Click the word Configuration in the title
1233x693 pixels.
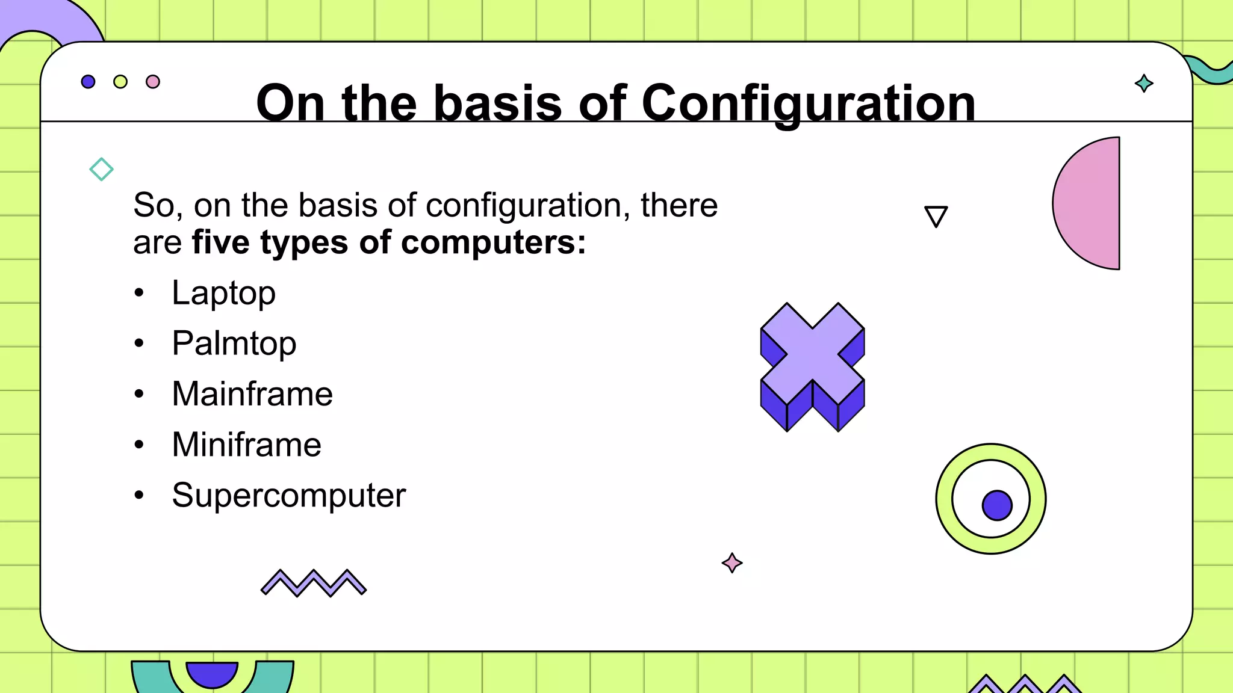(808, 103)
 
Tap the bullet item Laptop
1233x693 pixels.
(223, 293)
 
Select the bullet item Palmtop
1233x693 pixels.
(234, 343)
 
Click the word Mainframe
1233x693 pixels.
(252, 394)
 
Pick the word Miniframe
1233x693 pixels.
(246, 445)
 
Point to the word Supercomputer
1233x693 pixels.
(288, 495)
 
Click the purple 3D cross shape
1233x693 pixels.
(812, 361)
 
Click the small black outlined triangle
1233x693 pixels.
(936, 215)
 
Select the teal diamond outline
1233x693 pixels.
(101, 169)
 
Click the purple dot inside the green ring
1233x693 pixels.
(997, 505)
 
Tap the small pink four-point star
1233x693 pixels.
(731, 563)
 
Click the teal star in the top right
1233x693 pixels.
(1143, 83)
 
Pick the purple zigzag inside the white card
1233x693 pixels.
(313, 582)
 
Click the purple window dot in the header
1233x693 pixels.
(88, 82)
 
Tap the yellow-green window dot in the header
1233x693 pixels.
(120, 82)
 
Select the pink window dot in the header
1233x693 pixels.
(153, 82)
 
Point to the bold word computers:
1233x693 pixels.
(493, 242)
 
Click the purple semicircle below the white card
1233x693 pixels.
(212, 673)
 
